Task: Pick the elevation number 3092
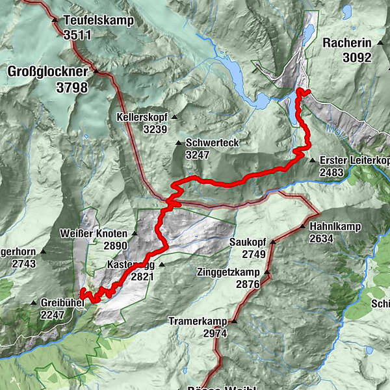356,57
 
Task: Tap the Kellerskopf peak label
142,118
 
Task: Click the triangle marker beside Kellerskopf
174,118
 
